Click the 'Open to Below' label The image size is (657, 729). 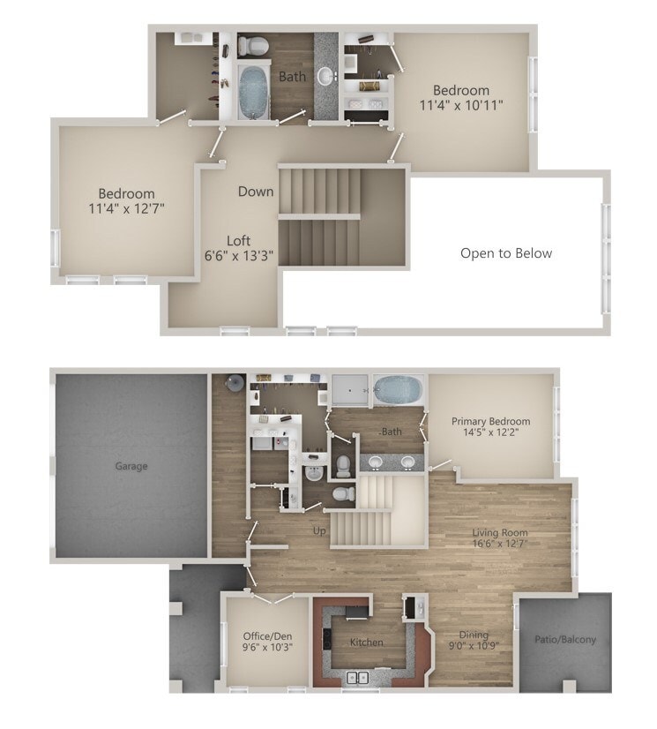click(506, 253)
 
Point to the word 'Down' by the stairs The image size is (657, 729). click(256, 191)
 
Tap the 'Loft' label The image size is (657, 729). click(239, 240)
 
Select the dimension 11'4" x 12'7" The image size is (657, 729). click(127, 208)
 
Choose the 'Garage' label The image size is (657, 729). click(131, 466)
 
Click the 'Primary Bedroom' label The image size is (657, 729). click(491, 421)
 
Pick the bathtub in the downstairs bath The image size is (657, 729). click(399, 388)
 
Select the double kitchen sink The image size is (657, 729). click(358, 677)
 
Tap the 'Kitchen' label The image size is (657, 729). click(365, 642)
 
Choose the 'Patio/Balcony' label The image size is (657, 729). click(565, 639)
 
